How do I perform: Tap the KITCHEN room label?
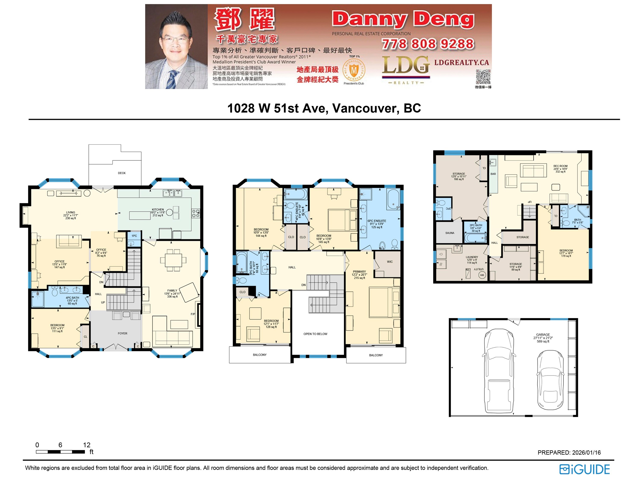coord(158,209)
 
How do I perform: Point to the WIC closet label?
coord(390,262)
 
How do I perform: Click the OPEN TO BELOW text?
coord(315,334)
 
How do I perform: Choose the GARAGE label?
coord(543,335)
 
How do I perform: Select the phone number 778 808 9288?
coord(428,44)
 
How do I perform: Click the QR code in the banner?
coord(483,77)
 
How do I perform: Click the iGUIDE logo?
coord(584,470)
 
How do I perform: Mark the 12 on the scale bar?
coord(87,445)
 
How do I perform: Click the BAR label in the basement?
coord(493,174)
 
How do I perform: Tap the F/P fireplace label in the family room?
coord(193,314)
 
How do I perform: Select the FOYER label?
coord(122,333)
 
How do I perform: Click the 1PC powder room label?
coord(134,236)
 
